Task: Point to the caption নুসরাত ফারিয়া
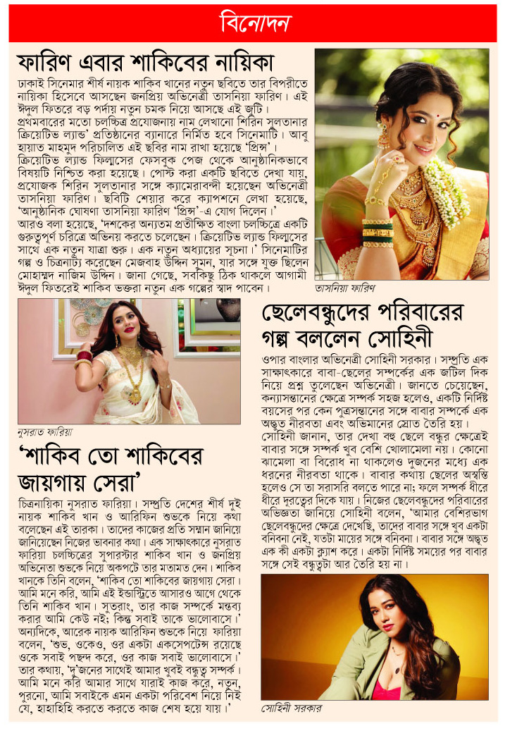point(44,429)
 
